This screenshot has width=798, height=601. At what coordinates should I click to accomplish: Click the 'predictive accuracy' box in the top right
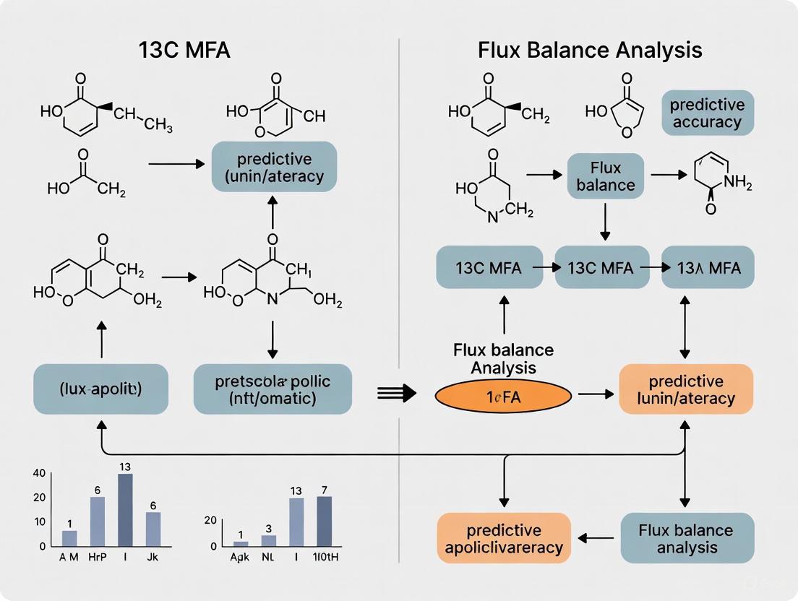pyautogui.click(x=707, y=113)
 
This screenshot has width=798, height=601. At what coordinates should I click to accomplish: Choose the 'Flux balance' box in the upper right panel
pyautogui.click(x=606, y=176)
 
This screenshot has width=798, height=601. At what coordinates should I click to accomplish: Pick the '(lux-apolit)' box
pyautogui.click(x=100, y=389)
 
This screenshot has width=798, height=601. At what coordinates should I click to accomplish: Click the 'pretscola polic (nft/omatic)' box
pyautogui.click(x=273, y=389)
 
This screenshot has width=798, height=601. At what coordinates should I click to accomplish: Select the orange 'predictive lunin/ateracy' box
pyautogui.click(x=686, y=389)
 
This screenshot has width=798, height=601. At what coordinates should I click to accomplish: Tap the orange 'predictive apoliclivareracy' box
pyautogui.click(x=505, y=538)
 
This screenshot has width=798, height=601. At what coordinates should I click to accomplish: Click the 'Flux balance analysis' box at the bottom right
pyautogui.click(x=686, y=538)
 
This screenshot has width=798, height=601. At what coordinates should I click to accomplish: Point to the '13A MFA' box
pyautogui.click(x=710, y=267)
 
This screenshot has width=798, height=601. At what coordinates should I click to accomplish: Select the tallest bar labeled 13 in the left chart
pyautogui.click(x=125, y=509)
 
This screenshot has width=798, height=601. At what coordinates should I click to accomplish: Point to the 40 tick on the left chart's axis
pyautogui.click(x=39, y=473)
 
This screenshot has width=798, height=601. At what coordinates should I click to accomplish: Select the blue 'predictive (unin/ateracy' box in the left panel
pyautogui.click(x=274, y=166)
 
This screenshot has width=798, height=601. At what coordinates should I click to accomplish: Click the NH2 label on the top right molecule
pyautogui.click(x=737, y=183)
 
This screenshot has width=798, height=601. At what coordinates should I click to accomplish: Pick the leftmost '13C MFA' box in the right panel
pyautogui.click(x=489, y=267)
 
